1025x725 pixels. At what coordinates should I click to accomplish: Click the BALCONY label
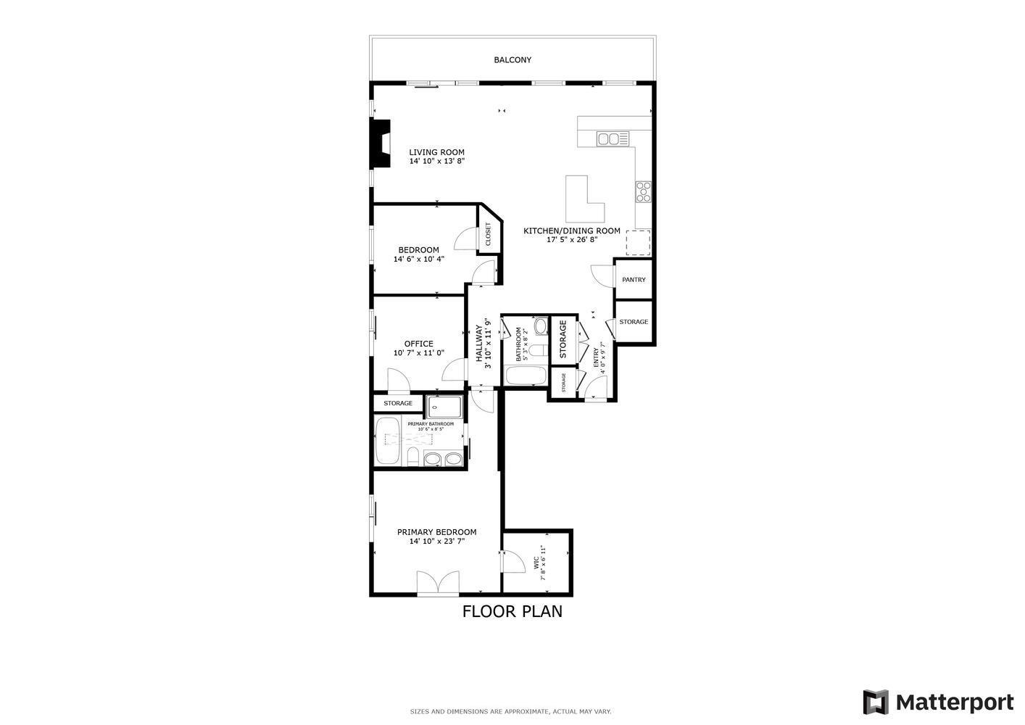click(512, 60)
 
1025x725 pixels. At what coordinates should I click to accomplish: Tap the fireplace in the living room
click(379, 144)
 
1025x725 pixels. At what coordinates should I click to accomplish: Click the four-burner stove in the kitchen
click(643, 191)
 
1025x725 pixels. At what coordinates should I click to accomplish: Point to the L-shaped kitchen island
click(584, 201)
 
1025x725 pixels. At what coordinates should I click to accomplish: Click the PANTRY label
click(634, 280)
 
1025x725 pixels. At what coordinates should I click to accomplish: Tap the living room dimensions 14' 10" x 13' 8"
click(436, 162)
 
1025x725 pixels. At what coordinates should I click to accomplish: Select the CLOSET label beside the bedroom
click(488, 234)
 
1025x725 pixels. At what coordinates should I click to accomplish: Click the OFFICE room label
click(418, 344)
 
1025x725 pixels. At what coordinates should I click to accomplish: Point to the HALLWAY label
click(479, 344)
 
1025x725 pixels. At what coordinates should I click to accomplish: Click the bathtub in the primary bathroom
click(387, 440)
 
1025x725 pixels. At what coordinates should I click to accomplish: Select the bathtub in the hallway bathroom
click(525, 376)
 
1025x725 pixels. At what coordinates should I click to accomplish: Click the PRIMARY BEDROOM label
click(436, 531)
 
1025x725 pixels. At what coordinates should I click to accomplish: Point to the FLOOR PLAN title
click(512, 611)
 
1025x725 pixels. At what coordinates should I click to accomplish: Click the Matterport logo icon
click(876, 702)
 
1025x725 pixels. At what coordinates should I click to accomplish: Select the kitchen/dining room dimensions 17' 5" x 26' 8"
click(572, 240)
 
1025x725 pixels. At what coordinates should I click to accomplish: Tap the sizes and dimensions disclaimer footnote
click(511, 711)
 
